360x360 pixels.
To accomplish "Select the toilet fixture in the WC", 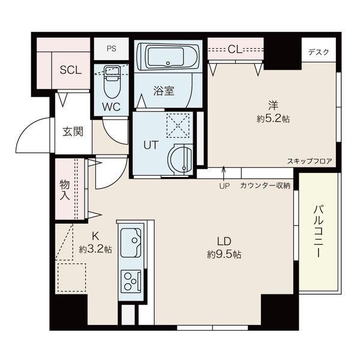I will pos(112,83).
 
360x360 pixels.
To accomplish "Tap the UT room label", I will pos(150,145).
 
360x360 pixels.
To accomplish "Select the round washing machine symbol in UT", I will pos(179,160).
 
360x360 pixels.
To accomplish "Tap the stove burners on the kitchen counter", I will pos(131,280).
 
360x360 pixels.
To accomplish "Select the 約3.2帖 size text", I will pos(95,249).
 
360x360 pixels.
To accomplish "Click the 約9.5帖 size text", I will pos(225,254).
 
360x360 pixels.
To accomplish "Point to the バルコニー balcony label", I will pos(319,231).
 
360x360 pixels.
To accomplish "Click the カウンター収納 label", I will pos(265,185).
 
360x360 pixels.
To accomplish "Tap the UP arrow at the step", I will pos(224,178).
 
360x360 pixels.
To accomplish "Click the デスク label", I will pos(319,52).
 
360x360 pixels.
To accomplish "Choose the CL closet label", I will pos(235,49).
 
